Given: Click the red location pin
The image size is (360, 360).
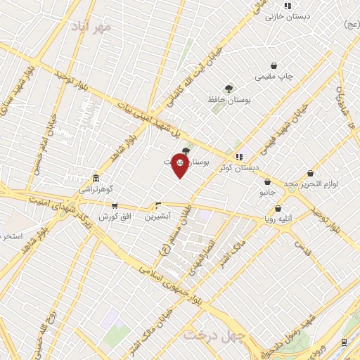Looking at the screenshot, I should [180, 165].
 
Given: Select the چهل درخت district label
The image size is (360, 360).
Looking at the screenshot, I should [214, 335].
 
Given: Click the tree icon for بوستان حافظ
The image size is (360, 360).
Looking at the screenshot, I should [229, 89].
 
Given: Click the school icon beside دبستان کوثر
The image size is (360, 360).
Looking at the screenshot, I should [240, 157].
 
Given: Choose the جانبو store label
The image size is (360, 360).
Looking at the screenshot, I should [266, 192].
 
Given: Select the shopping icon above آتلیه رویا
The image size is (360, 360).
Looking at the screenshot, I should [278, 209].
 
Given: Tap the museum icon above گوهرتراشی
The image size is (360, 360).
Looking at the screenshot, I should [95, 178].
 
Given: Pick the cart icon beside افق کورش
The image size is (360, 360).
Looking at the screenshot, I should [115, 206].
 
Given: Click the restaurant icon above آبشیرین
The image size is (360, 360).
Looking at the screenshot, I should [157, 206].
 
